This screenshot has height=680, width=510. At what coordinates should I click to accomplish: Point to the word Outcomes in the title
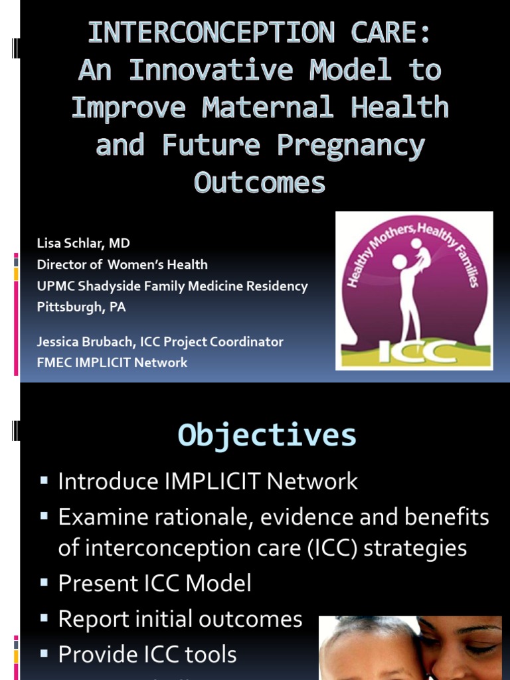pos(260,182)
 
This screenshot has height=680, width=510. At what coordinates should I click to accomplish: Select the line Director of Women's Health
pos(122,264)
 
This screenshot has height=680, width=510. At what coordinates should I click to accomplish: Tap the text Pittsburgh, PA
pos(81,307)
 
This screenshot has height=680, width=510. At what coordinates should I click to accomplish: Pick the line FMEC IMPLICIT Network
pos(112,363)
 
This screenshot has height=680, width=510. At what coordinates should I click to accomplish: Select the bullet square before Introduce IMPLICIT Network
pos(44,480)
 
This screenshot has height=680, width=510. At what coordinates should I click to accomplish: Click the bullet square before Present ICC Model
pos(44,582)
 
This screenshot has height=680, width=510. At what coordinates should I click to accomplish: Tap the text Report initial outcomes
pos(180,619)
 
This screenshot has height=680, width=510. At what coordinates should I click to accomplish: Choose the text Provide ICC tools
pos(147,655)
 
